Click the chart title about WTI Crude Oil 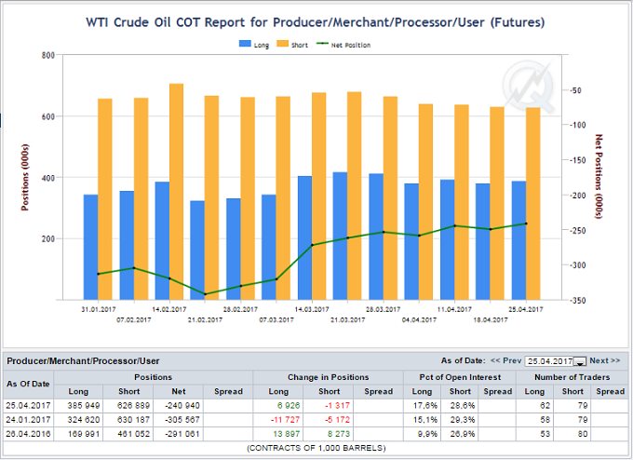[x=316, y=20]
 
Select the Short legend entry [x=296, y=43]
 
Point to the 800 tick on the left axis [x=47, y=55]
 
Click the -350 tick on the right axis [x=580, y=300]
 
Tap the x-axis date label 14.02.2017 [x=171, y=308]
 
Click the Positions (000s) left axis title [x=25, y=177]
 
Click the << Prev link [x=506, y=360]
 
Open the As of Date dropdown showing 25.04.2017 [x=578, y=361]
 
